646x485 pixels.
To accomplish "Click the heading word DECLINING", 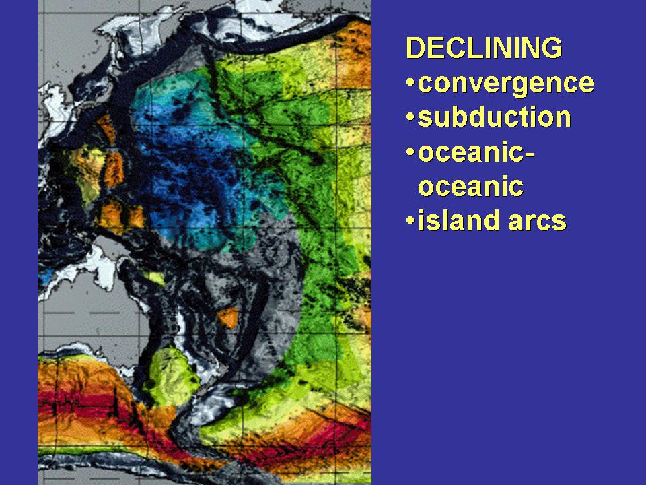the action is [x=484, y=47].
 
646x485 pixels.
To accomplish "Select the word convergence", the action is [x=506, y=84].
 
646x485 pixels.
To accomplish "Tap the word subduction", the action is [x=495, y=117].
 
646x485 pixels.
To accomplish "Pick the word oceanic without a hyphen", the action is [x=470, y=187].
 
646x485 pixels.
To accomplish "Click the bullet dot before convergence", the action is [x=410, y=82].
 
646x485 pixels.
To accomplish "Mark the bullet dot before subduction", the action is [x=410, y=117].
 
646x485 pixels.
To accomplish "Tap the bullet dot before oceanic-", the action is [x=410, y=152].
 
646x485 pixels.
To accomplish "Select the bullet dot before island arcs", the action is [x=410, y=220].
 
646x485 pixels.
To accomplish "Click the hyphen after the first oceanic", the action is [x=530, y=155].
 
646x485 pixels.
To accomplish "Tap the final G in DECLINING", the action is [x=553, y=47].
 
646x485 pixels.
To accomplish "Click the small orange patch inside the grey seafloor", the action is [x=228, y=317].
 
